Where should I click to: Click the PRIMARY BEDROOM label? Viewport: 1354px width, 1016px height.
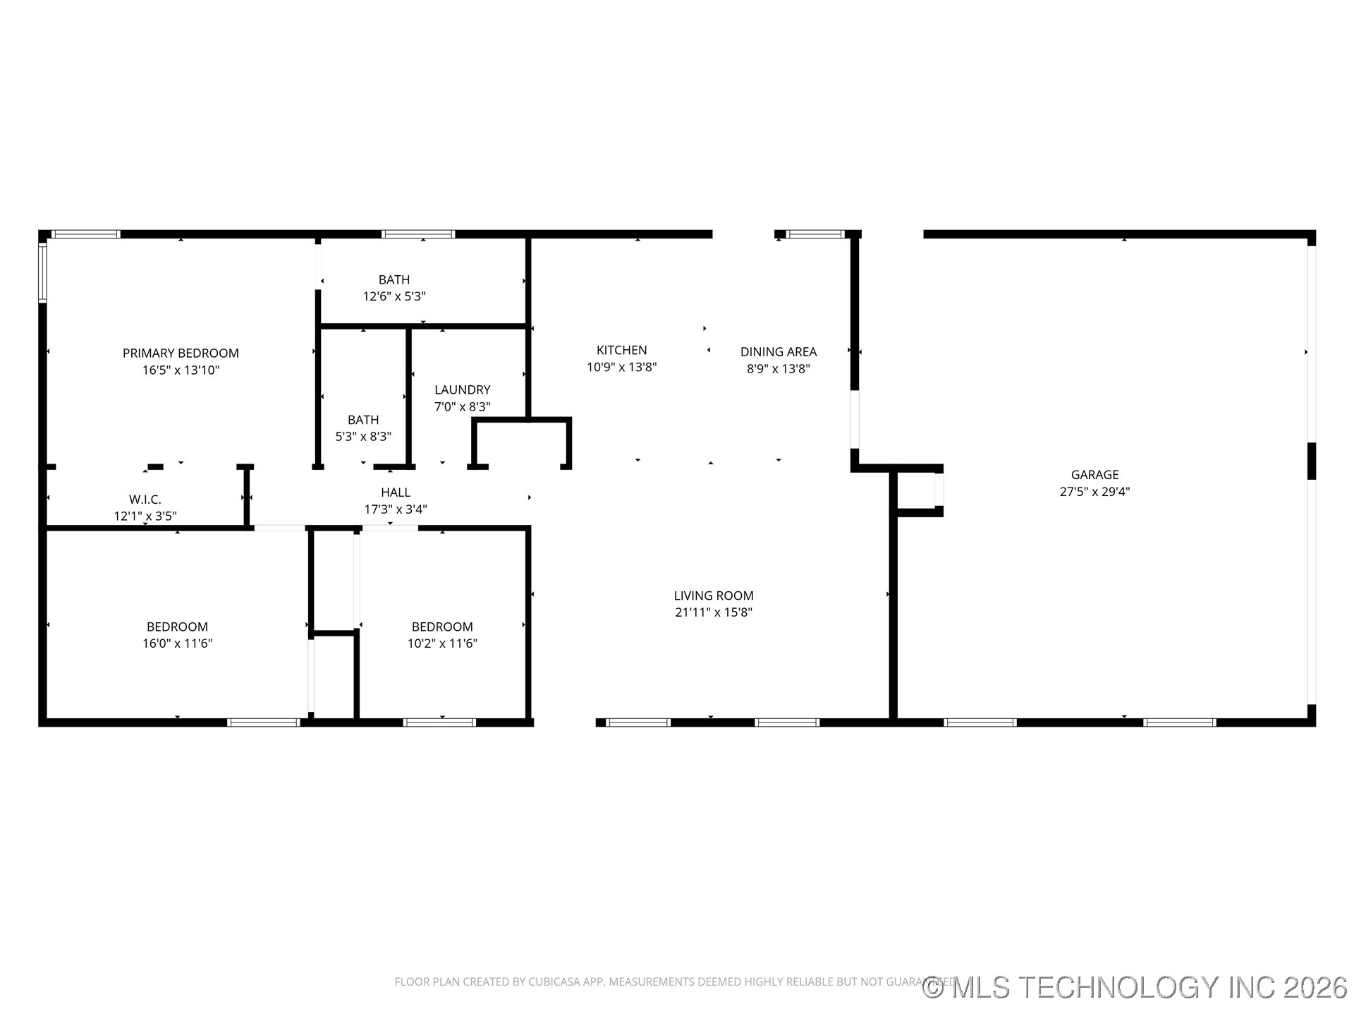pyautogui.click(x=181, y=353)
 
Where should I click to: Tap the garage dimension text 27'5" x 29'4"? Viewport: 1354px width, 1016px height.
pyautogui.click(x=1094, y=492)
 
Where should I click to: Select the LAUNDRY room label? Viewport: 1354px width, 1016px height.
pyautogui.click(x=462, y=389)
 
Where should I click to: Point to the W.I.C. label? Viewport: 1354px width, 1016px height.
pyautogui.click(x=145, y=500)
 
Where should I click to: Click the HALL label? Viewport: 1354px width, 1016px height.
pyautogui.click(x=396, y=492)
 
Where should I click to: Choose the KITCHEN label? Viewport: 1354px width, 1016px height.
pyautogui.click(x=621, y=350)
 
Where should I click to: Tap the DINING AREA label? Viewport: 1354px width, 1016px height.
pyautogui.click(x=778, y=351)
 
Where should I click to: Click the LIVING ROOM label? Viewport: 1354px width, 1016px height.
pyautogui.click(x=714, y=595)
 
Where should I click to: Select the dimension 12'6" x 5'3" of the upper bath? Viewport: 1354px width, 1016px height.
pyautogui.click(x=394, y=296)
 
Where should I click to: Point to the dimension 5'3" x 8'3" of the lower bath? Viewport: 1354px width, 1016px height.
pyautogui.click(x=363, y=437)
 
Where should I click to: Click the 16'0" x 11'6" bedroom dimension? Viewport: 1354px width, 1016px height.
pyautogui.click(x=177, y=643)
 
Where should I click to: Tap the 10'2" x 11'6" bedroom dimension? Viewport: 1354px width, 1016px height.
pyautogui.click(x=442, y=643)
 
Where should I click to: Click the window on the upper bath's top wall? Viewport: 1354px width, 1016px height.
pyautogui.click(x=418, y=234)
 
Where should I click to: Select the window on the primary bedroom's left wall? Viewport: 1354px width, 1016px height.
pyautogui.click(x=42, y=272)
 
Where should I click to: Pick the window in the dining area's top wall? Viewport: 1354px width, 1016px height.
pyautogui.click(x=815, y=234)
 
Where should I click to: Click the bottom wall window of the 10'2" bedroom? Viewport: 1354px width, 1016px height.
pyautogui.click(x=439, y=722)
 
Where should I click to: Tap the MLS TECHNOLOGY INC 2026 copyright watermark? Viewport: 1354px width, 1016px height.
pyautogui.click(x=1135, y=987)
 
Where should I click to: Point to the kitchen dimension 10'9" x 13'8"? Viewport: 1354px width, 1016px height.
pyautogui.click(x=621, y=368)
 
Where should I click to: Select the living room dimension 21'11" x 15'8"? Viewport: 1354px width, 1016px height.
pyautogui.click(x=714, y=612)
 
